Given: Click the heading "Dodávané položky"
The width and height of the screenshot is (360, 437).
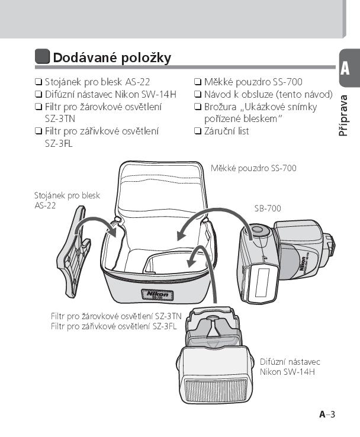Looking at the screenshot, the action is click(x=112, y=57).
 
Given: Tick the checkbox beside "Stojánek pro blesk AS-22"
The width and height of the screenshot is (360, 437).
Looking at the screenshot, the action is click(x=38, y=82).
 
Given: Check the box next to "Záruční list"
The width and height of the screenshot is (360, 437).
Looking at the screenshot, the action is click(x=198, y=131).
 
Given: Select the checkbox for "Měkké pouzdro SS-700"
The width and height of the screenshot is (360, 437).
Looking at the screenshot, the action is click(x=198, y=82).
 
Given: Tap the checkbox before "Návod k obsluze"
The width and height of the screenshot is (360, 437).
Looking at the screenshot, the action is click(x=198, y=94).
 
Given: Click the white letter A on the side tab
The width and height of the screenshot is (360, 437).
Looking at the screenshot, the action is click(x=345, y=68).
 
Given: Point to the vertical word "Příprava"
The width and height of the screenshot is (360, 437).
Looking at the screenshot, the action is click(x=343, y=115).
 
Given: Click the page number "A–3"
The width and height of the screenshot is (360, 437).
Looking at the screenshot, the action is click(x=327, y=414).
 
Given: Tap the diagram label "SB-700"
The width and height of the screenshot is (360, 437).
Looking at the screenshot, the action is click(x=268, y=208).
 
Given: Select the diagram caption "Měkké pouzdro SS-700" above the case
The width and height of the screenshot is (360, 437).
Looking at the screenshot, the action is click(x=253, y=168).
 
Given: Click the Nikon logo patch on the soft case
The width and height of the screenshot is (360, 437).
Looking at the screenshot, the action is click(x=157, y=294).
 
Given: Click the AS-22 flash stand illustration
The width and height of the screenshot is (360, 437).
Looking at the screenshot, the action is click(x=74, y=251).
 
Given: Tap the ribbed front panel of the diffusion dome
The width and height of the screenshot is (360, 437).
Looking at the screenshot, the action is click(x=216, y=390).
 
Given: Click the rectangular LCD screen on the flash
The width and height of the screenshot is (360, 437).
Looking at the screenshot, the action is click(x=262, y=282).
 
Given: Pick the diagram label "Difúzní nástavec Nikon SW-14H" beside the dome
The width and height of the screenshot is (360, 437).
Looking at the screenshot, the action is click(x=290, y=367).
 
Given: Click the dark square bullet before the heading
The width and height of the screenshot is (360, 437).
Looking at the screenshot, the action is click(x=43, y=56).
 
